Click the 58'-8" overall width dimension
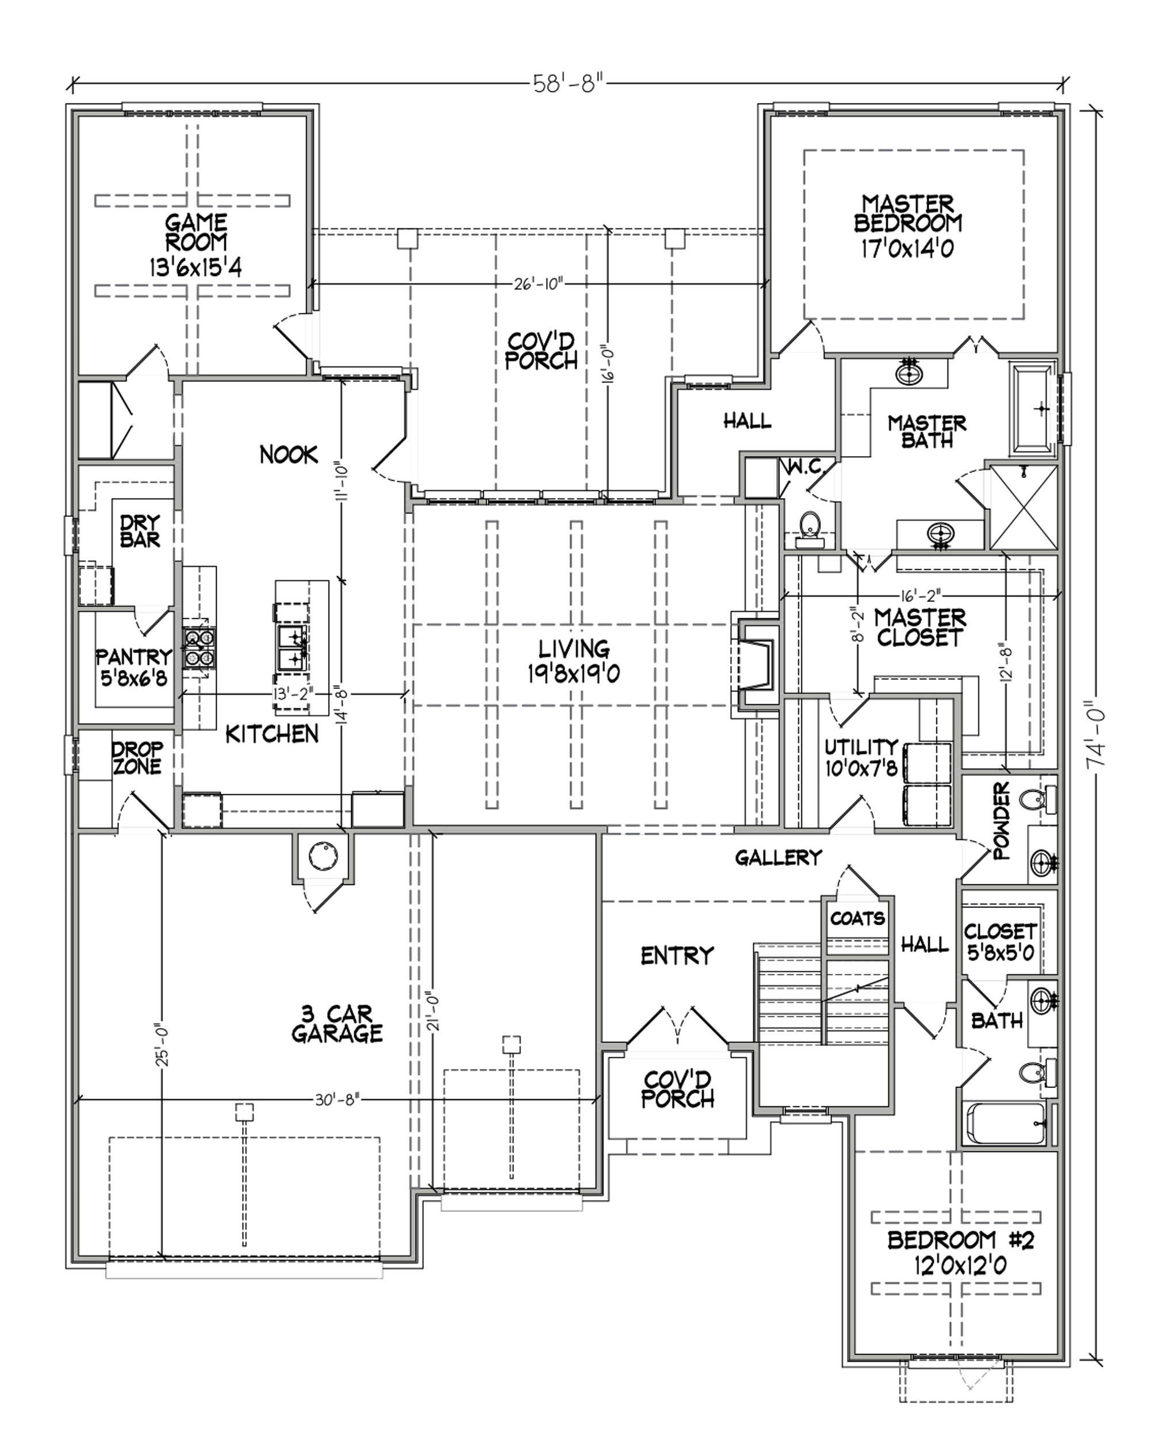tap(566, 84)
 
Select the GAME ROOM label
tap(195, 245)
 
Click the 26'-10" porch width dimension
tap(539, 284)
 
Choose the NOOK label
tap(288, 455)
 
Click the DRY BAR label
tap(141, 531)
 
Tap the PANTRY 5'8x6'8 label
tap(134, 666)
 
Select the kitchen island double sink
tap(294, 646)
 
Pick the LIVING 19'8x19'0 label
tap(574, 661)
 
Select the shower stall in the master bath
tap(1023, 507)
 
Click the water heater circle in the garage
tap(323, 855)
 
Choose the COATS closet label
tap(857, 918)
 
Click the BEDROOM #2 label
tap(960, 1252)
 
